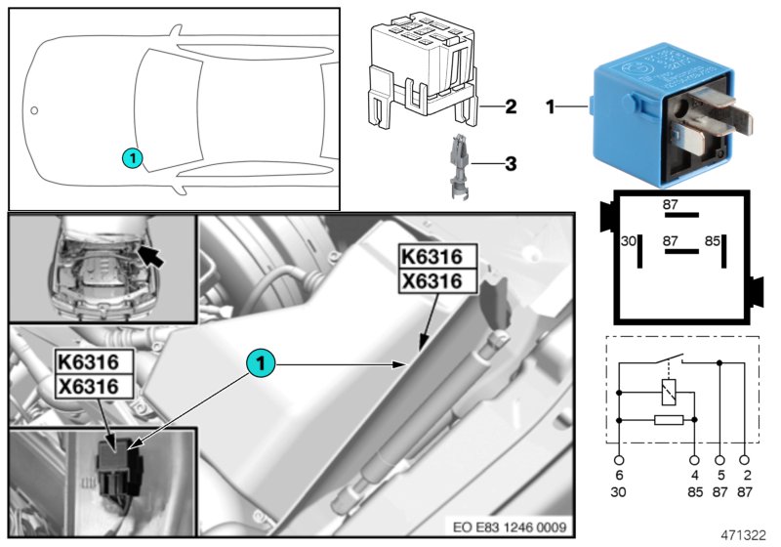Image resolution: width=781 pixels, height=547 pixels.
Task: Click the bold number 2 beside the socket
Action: click(x=511, y=105)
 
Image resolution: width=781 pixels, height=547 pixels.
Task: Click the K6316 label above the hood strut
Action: click(x=438, y=257)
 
